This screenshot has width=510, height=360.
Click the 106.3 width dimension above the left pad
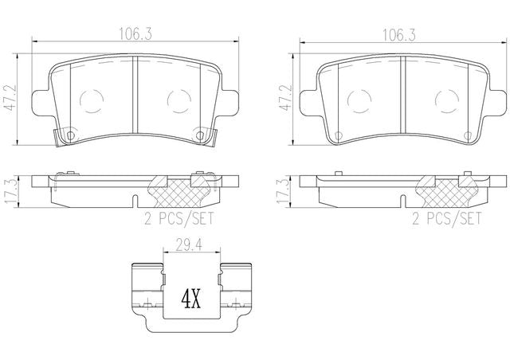[135, 33]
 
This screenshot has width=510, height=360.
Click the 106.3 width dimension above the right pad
[398, 35]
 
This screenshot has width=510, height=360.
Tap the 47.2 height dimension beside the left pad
[8, 99]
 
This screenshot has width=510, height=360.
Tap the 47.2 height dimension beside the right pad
[285, 98]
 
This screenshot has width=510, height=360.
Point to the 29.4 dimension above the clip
[189, 245]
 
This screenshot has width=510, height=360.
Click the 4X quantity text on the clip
[191, 299]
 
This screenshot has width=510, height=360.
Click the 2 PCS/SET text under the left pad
[179, 218]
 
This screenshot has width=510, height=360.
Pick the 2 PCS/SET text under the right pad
[446, 218]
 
